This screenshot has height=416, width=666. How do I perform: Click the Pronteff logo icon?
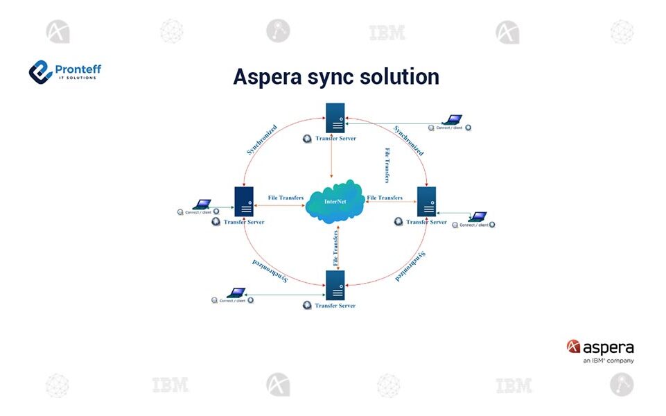[40, 71]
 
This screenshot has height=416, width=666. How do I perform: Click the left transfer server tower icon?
[243, 200]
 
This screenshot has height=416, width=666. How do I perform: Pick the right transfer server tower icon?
[426, 200]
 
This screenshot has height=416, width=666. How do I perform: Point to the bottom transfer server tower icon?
[336, 284]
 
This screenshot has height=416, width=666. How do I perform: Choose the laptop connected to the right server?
[477, 217]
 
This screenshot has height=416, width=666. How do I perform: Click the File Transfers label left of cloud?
[286, 198]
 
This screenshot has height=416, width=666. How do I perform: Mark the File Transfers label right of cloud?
[385, 198]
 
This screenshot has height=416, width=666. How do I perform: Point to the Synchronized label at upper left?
[262, 139]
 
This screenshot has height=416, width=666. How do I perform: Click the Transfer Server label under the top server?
[335, 139]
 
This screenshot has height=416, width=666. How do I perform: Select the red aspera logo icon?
[573, 347]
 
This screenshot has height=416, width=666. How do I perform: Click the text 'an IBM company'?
[608, 361]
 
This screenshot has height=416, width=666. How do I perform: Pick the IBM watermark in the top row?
[387, 32]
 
